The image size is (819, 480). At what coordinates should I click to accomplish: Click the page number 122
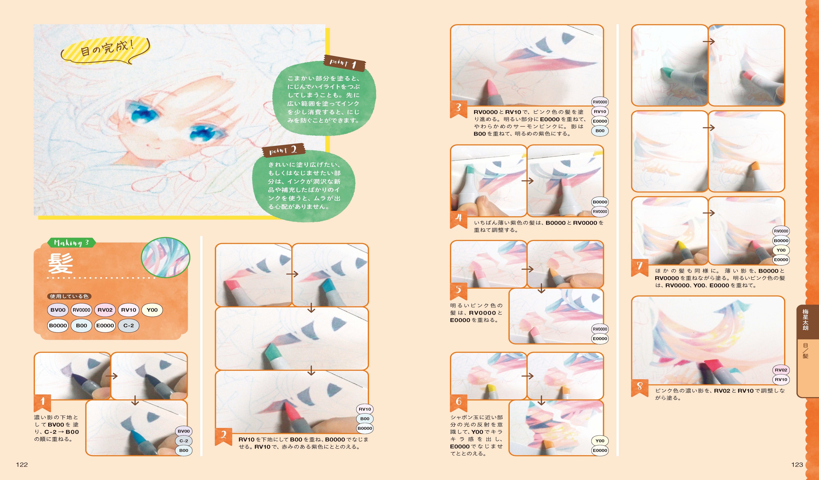22,464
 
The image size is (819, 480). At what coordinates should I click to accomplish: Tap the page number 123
797,464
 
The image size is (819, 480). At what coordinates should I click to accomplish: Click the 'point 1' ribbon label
344,63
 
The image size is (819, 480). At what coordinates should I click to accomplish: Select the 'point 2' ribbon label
283,151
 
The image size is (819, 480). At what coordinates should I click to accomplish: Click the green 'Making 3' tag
71,243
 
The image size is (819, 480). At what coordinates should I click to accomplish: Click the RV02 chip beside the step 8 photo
781,370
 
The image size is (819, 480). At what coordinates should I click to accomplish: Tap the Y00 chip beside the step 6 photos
600,441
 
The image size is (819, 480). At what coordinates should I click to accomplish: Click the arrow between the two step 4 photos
528,181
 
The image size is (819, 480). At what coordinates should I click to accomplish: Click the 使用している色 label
69,296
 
